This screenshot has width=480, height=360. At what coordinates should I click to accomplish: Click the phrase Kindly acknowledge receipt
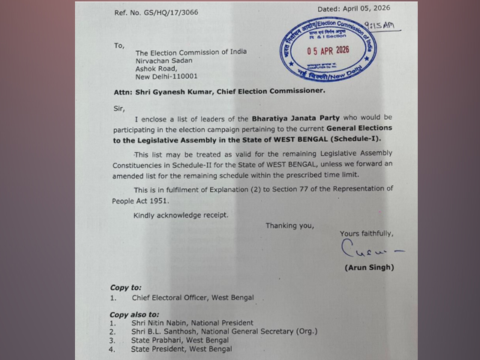pos(181,215)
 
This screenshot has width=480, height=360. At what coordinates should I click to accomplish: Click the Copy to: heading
pos(125,287)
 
